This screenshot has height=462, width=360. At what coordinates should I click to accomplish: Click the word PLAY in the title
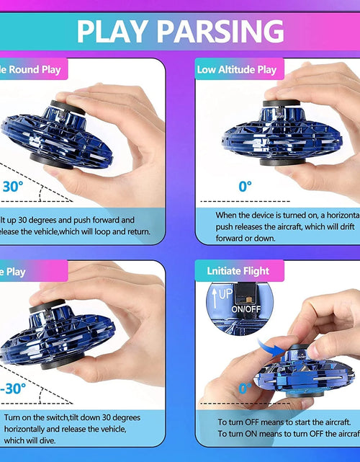tap(115, 31)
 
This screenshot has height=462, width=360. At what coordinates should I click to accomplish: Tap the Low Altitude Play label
tap(236, 70)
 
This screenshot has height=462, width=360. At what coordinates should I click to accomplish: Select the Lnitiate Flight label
tap(237, 271)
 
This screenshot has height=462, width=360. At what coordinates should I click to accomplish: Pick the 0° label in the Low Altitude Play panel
tap(246, 186)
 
